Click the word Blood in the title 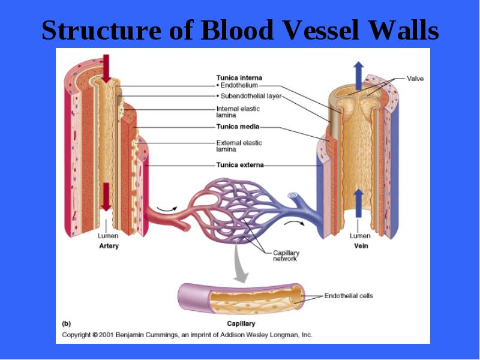pos(236,30)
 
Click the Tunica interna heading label pos(239,78)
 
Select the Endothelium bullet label pos(237,85)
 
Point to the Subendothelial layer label pos(249,96)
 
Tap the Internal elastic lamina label pos(238,112)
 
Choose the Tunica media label pos(238,127)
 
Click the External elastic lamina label pos(239,146)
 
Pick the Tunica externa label pos(240,165)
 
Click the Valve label pos(415,79)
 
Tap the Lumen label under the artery pos(108,236)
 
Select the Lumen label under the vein pos(360,236)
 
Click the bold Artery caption pos(109,246)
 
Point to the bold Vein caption pos(361,246)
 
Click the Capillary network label pos(286,256)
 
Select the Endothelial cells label pos(349,296)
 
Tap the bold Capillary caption pos(241,323)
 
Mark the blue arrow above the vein pos(358,76)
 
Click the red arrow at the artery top pos(106,68)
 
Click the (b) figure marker pos(67,323)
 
